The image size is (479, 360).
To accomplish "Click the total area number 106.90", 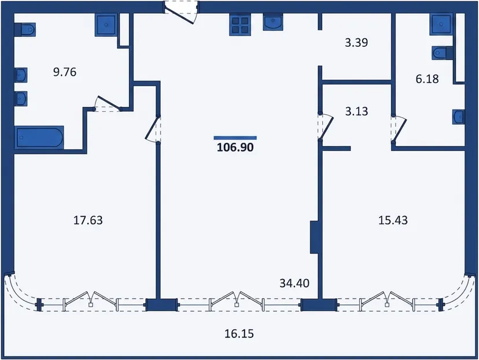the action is coord(235,148).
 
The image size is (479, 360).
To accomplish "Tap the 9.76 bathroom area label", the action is coord(65,72).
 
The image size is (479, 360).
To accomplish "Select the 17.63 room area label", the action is coord(88,220).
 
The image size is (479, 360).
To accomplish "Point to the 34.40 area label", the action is coord(294,283).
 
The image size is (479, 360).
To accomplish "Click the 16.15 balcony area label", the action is coord(239,334).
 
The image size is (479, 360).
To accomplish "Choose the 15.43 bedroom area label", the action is coord(393,220).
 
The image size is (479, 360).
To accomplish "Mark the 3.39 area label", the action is coord(356,42).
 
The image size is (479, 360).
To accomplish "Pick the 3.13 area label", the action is coord(356,111).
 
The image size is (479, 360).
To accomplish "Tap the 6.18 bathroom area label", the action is coord(427,79).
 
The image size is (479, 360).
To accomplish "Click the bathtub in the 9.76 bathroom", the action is coord(39,138).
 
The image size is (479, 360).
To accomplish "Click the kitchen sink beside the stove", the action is coord(273,23).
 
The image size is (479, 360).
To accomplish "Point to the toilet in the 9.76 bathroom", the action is coord(25,30).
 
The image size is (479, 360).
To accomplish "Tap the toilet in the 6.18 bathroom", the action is coord(443,53).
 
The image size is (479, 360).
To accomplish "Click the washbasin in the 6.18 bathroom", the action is coord(459,117).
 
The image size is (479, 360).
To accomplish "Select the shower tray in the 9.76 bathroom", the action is coord(106,25).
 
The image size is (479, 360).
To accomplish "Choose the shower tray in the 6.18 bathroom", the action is coord(441,24).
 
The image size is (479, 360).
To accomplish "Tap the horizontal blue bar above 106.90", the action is coord(235,138).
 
